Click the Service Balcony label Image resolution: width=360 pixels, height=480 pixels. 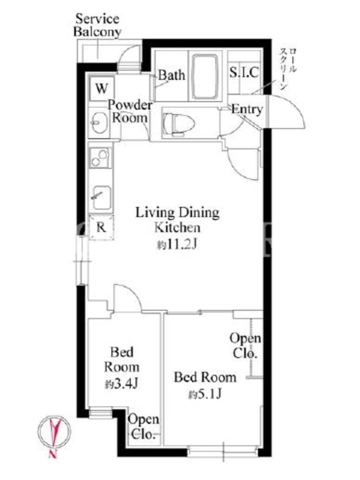[x=97, y=25]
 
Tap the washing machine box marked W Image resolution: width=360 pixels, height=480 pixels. [x=101, y=88]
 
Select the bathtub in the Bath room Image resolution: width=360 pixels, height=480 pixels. [x=205, y=77]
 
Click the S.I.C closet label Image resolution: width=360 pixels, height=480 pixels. [x=244, y=73]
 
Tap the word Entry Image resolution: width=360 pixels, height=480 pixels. [x=247, y=109]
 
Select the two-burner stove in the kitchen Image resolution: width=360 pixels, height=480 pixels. [x=100, y=157]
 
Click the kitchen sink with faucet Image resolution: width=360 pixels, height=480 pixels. [x=101, y=197]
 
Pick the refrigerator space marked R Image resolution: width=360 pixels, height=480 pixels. [x=101, y=227]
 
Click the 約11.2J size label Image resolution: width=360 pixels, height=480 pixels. [x=177, y=245]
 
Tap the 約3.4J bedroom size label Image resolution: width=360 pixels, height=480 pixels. [x=122, y=383]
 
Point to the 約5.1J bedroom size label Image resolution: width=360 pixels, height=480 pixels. [x=205, y=394]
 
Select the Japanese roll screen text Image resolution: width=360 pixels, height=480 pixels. [x=287, y=68]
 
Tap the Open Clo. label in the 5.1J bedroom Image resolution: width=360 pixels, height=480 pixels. [x=245, y=346]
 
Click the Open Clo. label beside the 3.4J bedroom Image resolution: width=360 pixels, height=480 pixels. [x=143, y=427]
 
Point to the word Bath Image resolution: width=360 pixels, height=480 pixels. [x=172, y=75]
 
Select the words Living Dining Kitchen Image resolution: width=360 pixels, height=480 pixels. [x=178, y=220]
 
